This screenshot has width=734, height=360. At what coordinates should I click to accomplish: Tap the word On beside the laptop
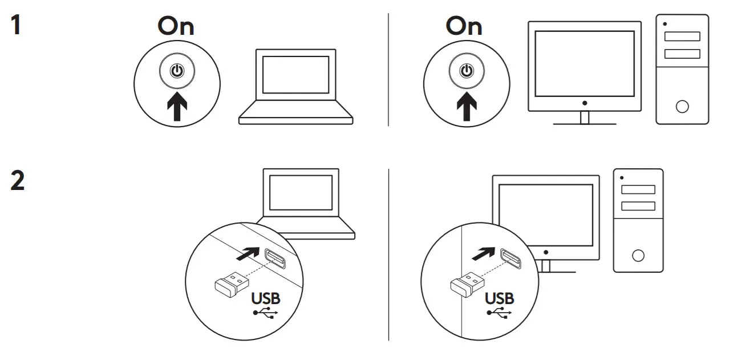tap(176, 26)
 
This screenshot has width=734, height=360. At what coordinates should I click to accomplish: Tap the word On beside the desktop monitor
tap(464, 26)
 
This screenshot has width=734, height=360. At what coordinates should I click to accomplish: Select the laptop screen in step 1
tap(295, 74)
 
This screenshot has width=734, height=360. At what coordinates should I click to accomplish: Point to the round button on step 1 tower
tap(682, 106)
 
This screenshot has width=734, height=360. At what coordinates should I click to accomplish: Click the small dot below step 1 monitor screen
tap(584, 103)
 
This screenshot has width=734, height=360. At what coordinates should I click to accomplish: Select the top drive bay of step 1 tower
tap(682, 37)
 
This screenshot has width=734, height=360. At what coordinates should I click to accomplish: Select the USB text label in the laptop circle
tap(266, 298)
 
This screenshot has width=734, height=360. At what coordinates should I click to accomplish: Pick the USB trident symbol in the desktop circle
tap(499, 312)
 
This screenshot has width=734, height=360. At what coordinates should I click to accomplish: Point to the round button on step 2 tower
tap(638, 255)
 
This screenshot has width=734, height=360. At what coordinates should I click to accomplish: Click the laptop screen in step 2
tap(301, 192)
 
